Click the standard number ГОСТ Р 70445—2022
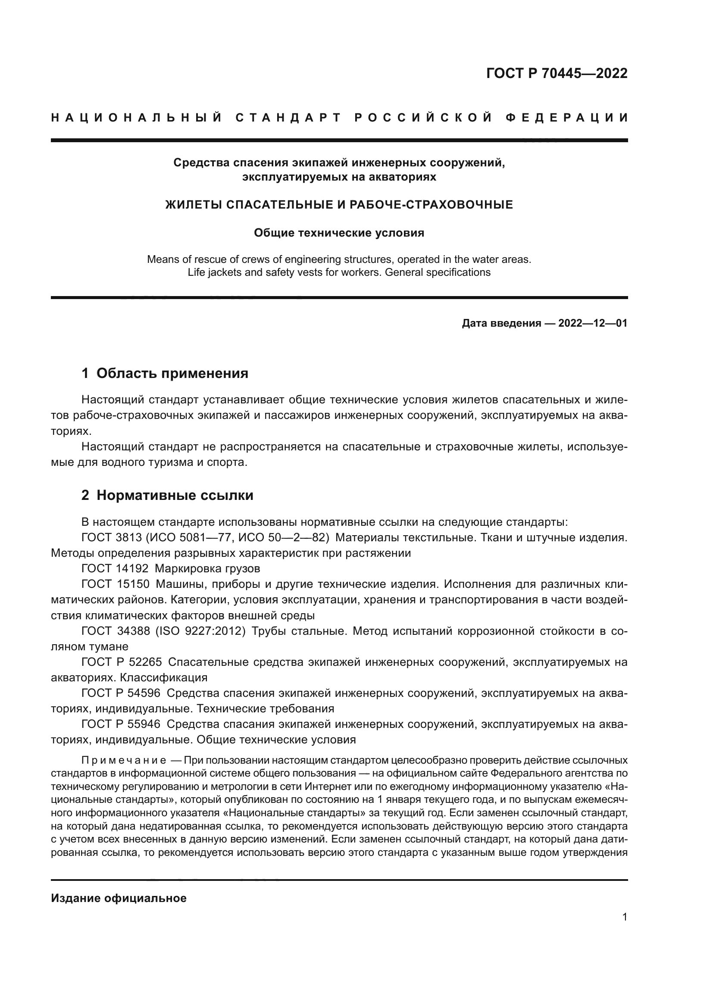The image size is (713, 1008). click(557, 73)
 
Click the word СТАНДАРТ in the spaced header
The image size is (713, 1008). click(288, 118)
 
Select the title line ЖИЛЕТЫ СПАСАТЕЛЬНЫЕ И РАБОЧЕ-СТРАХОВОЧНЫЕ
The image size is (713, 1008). click(339, 205)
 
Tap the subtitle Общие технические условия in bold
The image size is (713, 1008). click(339, 233)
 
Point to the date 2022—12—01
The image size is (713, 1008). click(593, 324)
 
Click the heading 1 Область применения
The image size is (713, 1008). click(165, 374)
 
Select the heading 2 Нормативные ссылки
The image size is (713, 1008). click(167, 495)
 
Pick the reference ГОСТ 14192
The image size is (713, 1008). click(115, 568)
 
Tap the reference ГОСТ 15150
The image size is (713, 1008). click(116, 584)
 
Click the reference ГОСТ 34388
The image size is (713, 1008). click(116, 631)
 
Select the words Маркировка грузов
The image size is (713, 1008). click(207, 568)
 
